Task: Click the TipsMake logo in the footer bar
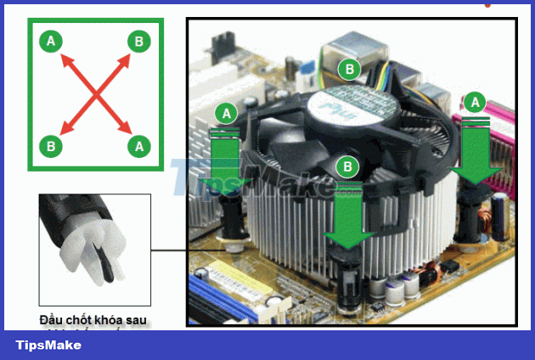tap(48, 345)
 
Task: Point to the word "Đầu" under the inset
tap(51, 320)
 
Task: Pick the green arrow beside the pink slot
tap(476, 153)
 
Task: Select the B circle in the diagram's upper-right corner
tap(138, 41)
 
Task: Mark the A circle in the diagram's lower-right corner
tap(138, 146)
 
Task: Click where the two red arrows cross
tap(95, 93)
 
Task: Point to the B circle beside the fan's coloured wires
tap(347, 69)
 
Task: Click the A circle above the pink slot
tap(475, 103)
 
